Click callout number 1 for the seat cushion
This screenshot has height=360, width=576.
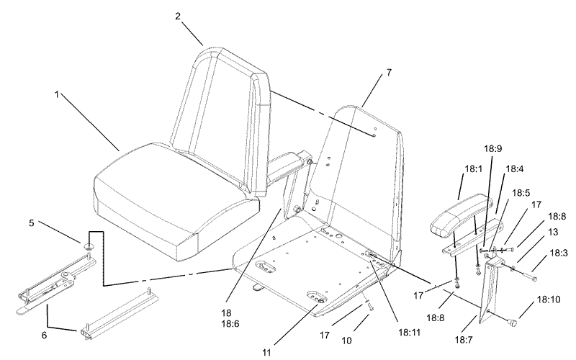pyautogui.click(x=57, y=95)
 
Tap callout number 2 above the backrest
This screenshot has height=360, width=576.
pyautogui.click(x=178, y=17)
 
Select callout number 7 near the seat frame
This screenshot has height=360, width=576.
pyautogui.click(x=389, y=73)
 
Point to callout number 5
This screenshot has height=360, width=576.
pyautogui.click(x=32, y=223)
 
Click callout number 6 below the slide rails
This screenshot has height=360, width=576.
pyautogui.click(x=44, y=335)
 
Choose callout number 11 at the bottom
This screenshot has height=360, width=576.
pyautogui.click(x=266, y=352)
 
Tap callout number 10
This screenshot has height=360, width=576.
pyautogui.click(x=346, y=341)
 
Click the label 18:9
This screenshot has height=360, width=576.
pyautogui.click(x=492, y=149)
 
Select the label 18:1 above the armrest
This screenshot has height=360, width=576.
pyautogui.click(x=474, y=169)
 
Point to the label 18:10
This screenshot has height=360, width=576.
pyautogui.click(x=549, y=300)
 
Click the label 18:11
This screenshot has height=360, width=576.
pyautogui.click(x=409, y=333)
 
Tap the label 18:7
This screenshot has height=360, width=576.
pyautogui.click(x=464, y=340)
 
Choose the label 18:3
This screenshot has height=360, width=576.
pyautogui.click(x=559, y=253)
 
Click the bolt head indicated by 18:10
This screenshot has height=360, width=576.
pyautogui.click(x=511, y=323)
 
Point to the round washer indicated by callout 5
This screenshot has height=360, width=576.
pyautogui.click(x=89, y=246)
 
